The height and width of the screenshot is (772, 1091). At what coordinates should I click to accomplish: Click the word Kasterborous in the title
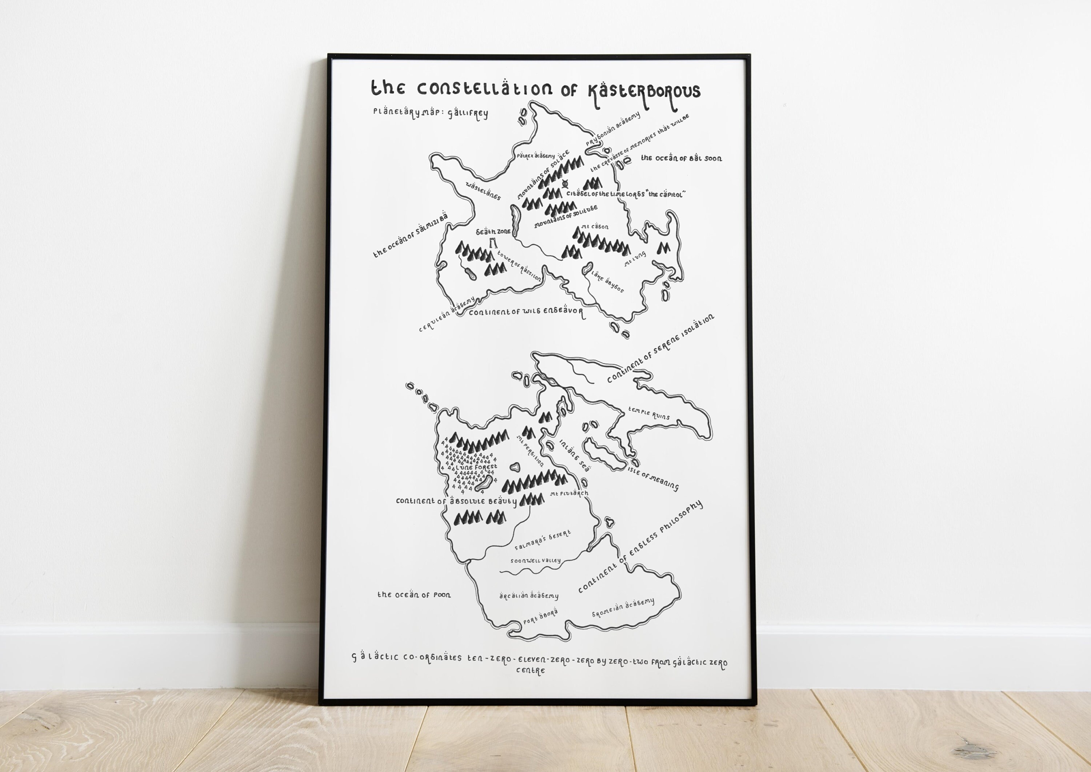[644, 92]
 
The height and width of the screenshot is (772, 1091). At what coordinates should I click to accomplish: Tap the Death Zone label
[493, 231]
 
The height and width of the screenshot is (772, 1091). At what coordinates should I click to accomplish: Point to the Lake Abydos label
[607, 281]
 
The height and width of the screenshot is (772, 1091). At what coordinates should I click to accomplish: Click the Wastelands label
[483, 191]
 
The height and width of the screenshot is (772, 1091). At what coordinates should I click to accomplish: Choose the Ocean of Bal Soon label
[681, 158]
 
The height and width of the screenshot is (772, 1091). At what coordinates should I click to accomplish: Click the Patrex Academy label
[536, 155]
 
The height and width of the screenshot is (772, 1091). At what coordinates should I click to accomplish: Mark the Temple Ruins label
[649, 413]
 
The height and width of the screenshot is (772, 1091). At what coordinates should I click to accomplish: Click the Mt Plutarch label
[569, 494]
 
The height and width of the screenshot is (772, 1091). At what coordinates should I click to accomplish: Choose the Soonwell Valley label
[536, 561]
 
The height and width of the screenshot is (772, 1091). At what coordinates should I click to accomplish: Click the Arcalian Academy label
[529, 595]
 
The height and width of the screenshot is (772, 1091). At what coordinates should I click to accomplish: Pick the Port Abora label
[540, 617]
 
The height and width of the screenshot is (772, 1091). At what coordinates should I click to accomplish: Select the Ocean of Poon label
[414, 595]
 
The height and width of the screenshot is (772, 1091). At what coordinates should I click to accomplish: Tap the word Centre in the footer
[531, 671]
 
